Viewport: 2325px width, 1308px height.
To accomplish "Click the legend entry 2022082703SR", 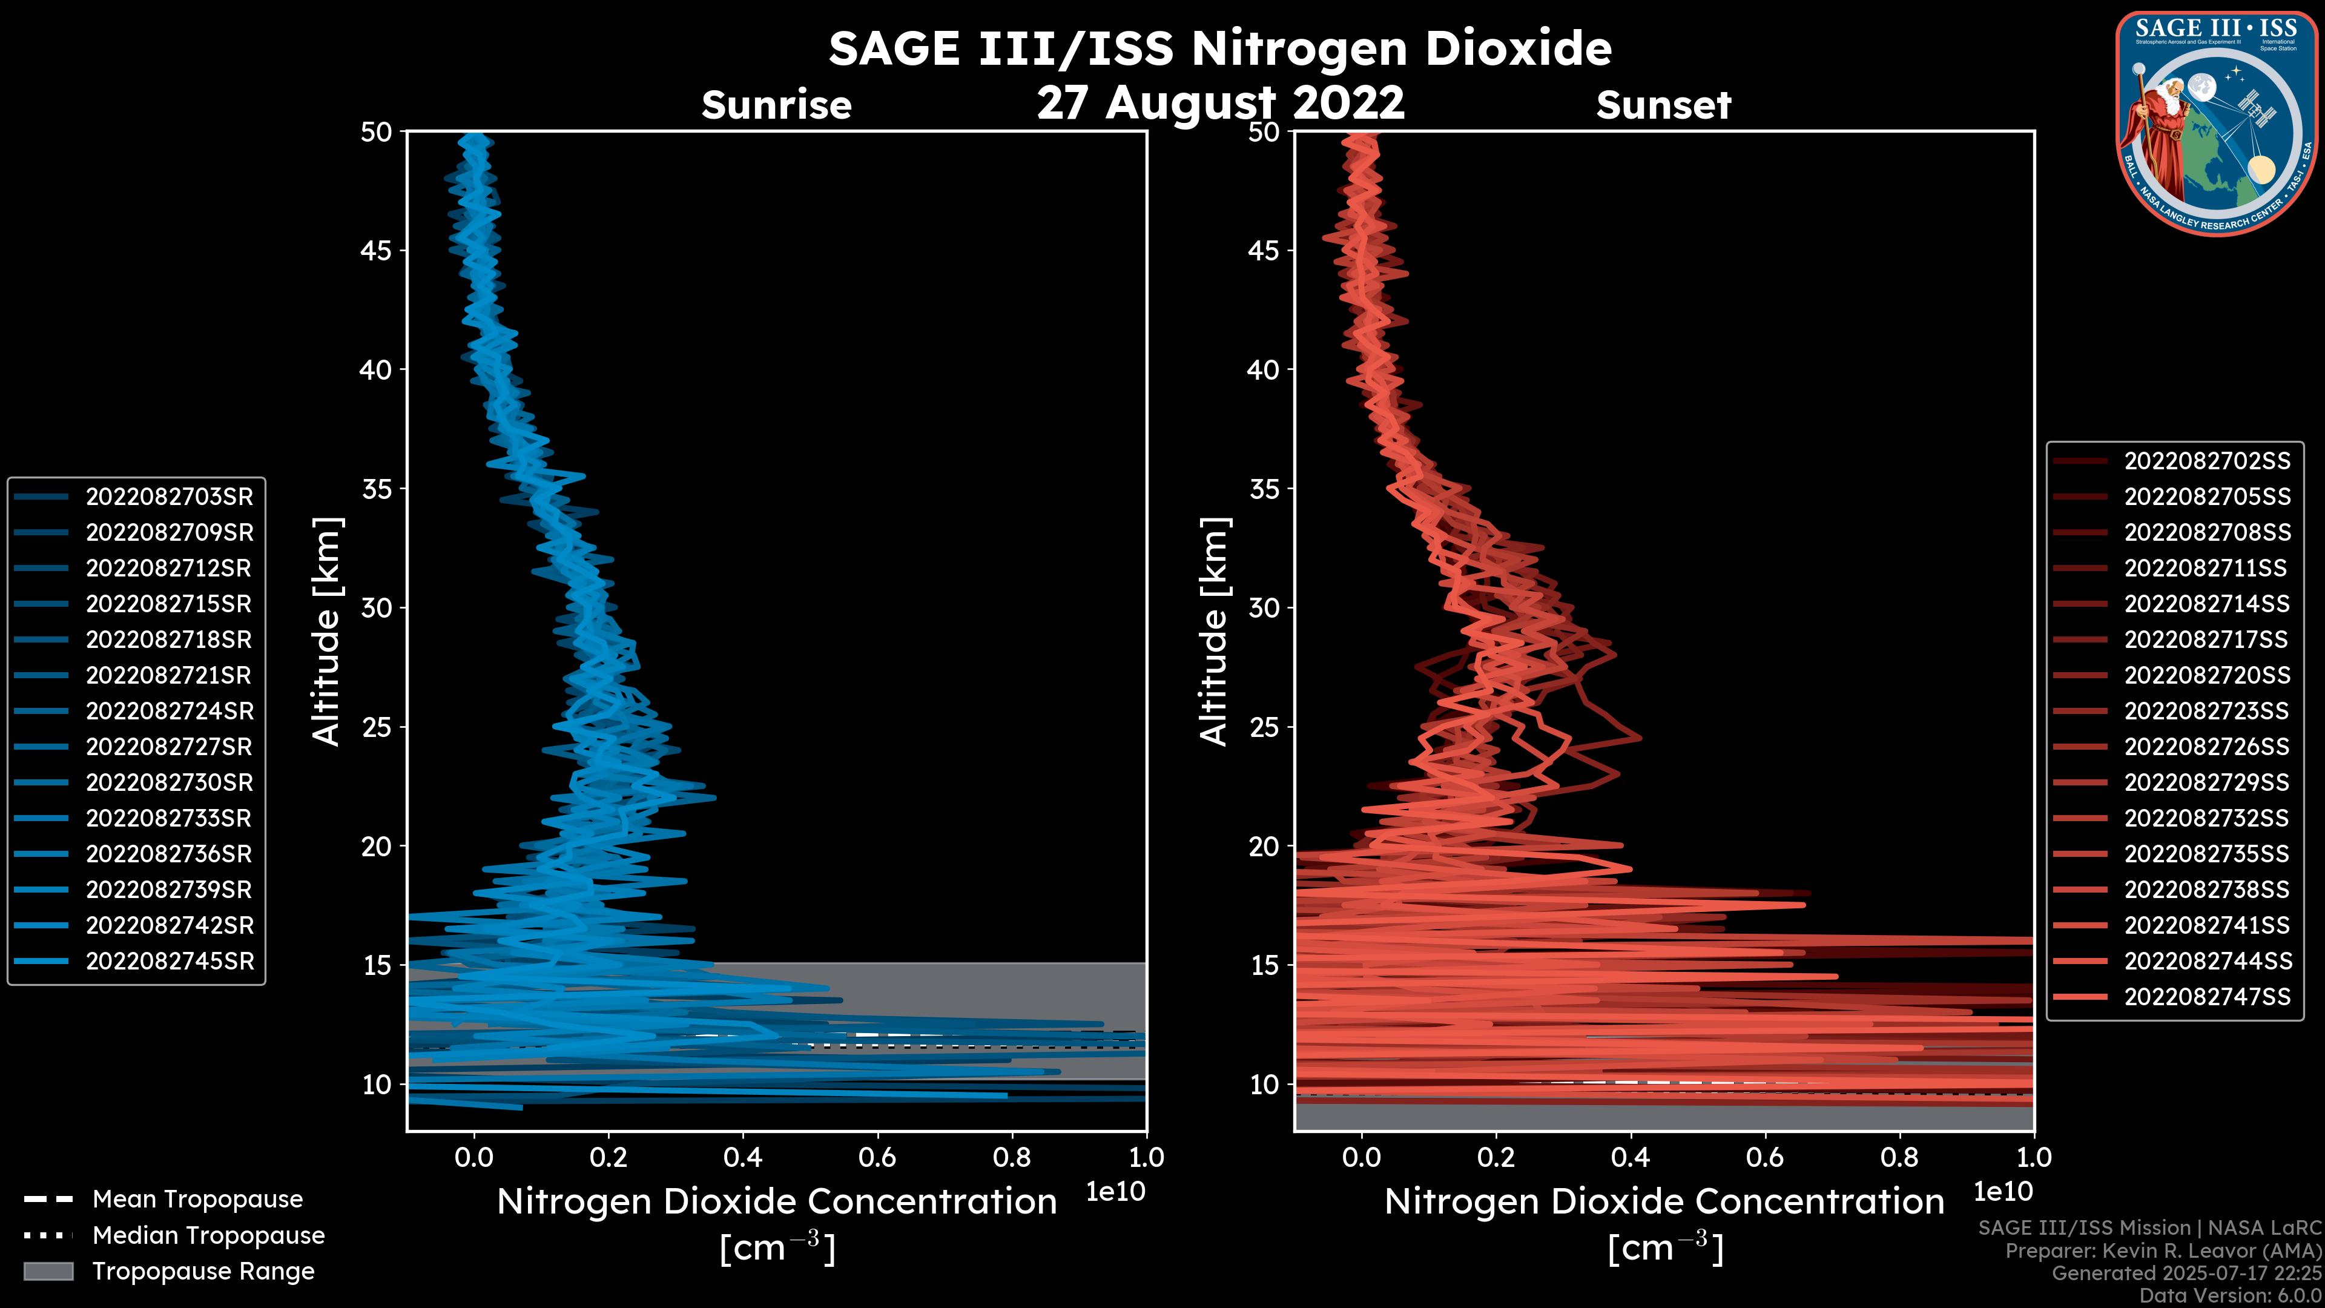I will pyautogui.click(x=169, y=497).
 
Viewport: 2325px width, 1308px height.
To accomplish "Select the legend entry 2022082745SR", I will pyautogui.click(x=169, y=962).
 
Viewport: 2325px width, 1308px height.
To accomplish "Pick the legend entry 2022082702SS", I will pyautogui.click(x=2207, y=461).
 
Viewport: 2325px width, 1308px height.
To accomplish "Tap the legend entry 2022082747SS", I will pyautogui.click(x=2207, y=997).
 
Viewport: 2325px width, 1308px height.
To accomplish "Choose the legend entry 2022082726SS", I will pyautogui.click(x=2207, y=747).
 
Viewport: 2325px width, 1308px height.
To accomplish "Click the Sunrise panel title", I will pyautogui.click(x=776, y=105).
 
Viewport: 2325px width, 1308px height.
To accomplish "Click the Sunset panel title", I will pyautogui.click(x=1663, y=105).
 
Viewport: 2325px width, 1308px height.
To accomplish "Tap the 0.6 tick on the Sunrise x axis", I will pyautogui.click(x=877, y=1157).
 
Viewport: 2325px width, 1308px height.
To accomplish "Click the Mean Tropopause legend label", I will pyautogui.click(x=197, y=1200).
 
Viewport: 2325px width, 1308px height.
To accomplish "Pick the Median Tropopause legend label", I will pyautogui.click(x=208, y=1236).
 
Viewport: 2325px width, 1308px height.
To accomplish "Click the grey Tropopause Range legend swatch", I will pyautogui.click(x=48, y=1271).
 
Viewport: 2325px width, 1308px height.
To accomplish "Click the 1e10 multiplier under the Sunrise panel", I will pyautogui.click(x=1115, y=1192).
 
